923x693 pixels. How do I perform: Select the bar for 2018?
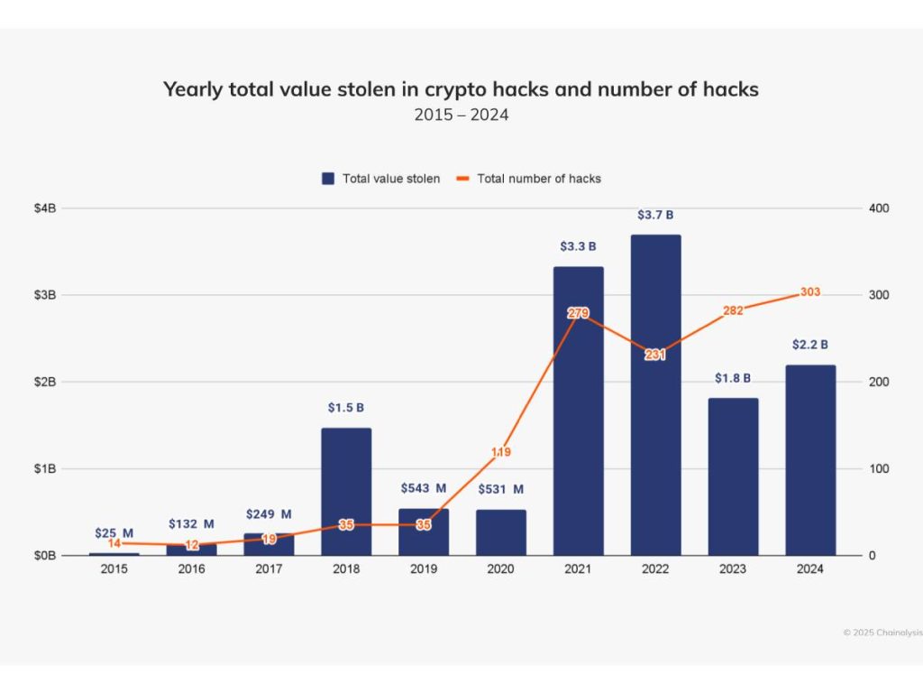click(x=346, y=492)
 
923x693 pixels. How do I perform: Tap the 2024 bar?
click(x=810, y=460)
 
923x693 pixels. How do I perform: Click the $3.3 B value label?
click(x=579, y=245)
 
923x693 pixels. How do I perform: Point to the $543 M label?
click(x=424, y=488)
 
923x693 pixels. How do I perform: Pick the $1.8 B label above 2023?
click(x=733, y=378)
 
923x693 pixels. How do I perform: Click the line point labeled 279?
click(x=578, y=313)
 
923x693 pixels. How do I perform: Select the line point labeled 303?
click(x=809, y=292)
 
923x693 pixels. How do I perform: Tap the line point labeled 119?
click(x=501, y=452)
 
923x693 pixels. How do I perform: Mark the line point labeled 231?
click(x=655, y=355)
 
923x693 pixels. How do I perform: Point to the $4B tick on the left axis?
click(x=46, y=208)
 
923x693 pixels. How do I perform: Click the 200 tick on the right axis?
click(x=878, y=382)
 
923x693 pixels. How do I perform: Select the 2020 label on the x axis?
click(x=501, y=569)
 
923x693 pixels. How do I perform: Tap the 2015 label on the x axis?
click(x=114, y=569)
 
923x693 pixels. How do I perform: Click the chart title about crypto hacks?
click(x=461, y=88)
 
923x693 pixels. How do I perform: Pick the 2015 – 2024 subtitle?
click(x=461, y=115)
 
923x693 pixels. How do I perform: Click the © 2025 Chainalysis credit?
click(x=882, y=633)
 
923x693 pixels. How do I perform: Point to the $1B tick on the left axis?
click(x=46, y=469)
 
